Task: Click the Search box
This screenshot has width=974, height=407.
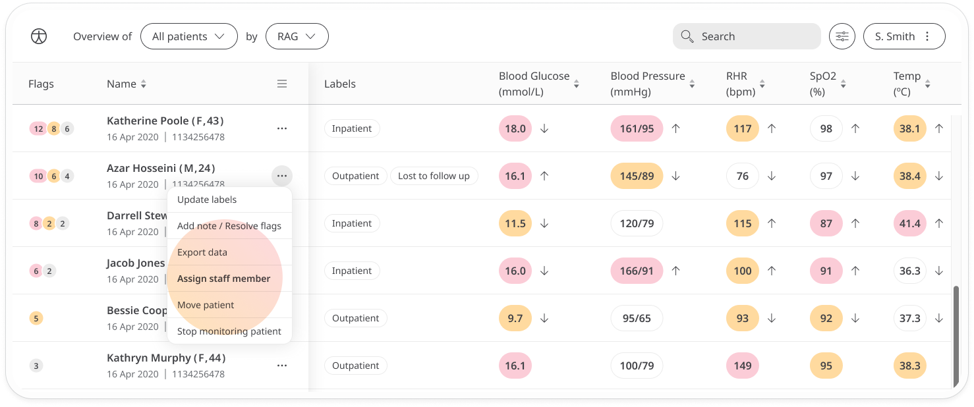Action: [747, 37]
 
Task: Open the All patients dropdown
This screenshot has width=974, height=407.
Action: [188, 37]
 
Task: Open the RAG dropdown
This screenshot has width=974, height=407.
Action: [297, 37]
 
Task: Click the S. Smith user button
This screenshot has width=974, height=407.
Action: [903, 37]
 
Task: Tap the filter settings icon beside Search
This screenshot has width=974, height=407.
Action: [842, 37]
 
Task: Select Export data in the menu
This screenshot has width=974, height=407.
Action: [202, 252]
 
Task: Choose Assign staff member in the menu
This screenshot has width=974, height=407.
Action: [223, 279]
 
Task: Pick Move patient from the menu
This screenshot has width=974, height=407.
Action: [206, 305]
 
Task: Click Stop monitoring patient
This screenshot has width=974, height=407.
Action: [229, 331]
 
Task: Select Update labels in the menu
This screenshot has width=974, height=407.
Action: [207, 200]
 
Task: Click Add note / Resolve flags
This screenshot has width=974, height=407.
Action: [229, 226]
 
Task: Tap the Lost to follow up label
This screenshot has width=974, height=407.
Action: [434, 176]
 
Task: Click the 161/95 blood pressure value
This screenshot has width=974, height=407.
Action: [637, 128]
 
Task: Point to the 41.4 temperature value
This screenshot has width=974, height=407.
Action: [909, 223]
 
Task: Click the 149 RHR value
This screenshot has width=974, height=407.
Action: [742, 366]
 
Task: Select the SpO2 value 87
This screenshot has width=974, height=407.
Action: [826, 223]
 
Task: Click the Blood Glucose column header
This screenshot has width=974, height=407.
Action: [534, 84]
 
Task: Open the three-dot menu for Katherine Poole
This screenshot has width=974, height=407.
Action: [282, 128]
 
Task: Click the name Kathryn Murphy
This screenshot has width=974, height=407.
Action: [166, 358]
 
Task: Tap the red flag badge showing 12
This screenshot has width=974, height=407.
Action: [38, 128]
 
